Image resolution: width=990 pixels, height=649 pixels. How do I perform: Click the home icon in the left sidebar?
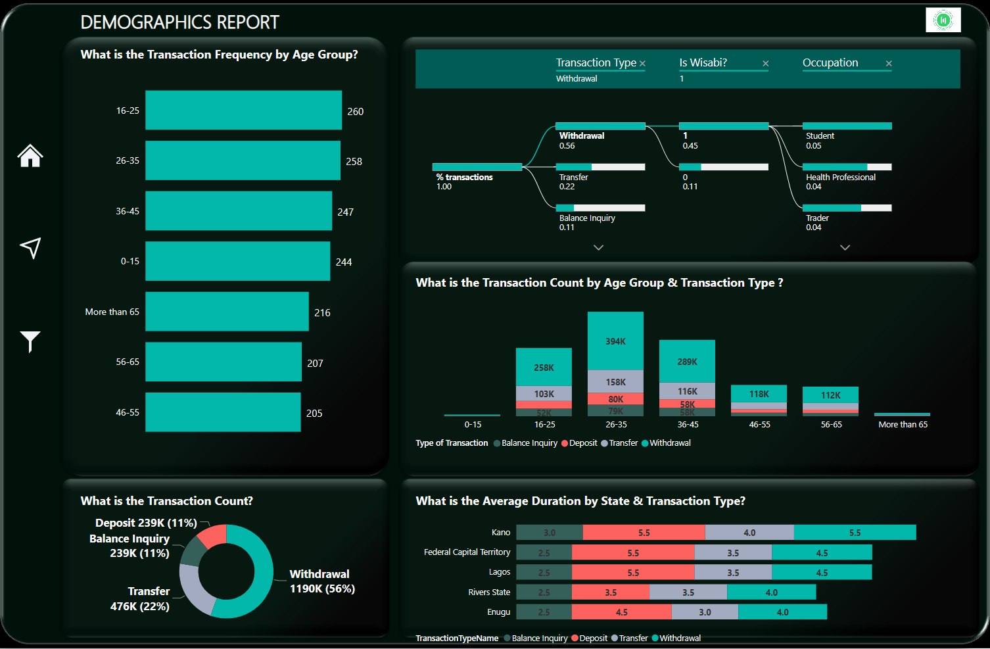(x=30, y=156)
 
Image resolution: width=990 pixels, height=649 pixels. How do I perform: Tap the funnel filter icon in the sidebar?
(x=30, y=341)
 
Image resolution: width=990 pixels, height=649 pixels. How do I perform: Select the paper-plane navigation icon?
(x=30, y=247)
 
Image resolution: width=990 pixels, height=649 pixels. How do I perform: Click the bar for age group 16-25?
(x=243, y=110)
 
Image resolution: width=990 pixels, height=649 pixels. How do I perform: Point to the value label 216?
(x=322, y=313)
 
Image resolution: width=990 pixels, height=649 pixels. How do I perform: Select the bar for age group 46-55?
(x=223, y=412)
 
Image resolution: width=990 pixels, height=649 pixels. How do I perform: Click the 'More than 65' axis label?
(x=112, y=312)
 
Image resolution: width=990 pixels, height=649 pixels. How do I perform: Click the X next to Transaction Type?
(x=642, y=64)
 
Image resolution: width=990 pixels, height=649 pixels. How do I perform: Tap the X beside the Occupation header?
(x=889, y=64)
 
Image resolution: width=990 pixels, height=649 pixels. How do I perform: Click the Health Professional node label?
(x=841, y=178)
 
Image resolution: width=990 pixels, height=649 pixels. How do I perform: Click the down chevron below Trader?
(x=845, y=248)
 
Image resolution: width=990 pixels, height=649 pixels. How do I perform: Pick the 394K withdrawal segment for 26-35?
(x=615, y=341)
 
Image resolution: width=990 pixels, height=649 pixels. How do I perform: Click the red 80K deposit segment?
(x=615, y=399)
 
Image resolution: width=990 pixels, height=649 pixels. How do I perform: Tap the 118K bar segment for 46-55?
(x=759, y=393)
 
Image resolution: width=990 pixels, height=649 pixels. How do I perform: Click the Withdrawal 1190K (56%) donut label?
(x=322, y=581)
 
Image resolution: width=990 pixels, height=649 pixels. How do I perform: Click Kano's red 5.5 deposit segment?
(x=644, y=533)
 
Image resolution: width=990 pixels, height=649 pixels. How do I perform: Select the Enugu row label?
(x=498, y=612)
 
